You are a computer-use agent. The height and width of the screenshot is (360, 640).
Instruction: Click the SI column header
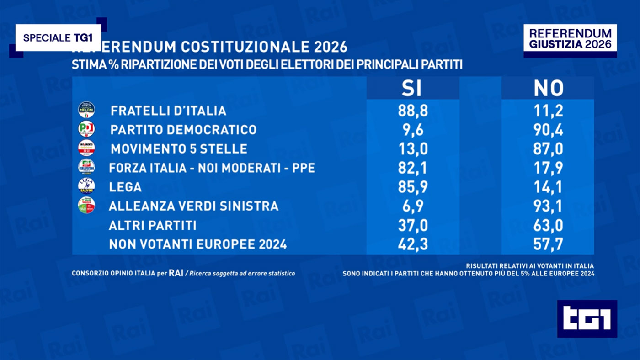click(411, 89)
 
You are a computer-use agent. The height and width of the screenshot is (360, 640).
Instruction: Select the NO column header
click(549, 89)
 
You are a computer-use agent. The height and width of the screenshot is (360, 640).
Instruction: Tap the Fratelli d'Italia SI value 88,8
click(413, 111)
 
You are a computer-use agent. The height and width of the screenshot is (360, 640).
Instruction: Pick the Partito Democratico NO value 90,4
click(549, 130)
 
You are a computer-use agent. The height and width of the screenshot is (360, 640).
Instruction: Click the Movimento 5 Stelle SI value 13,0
click(413, 149)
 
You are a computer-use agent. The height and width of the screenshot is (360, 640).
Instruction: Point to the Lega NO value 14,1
click(549, 187)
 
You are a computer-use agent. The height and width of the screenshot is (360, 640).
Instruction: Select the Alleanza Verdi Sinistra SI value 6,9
click(413, 206)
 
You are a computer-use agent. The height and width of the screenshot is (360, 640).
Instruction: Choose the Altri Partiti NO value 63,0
click(549, 225)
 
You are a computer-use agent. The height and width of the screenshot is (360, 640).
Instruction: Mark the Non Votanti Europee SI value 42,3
click(413, 244)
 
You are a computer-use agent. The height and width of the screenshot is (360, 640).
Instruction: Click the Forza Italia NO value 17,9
click(549, 168)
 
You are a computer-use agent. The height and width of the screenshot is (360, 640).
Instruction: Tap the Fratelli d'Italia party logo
click(86, 110)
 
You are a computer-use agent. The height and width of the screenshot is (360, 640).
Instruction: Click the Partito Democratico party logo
click(86, 129)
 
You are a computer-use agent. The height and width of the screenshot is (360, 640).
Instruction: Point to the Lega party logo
click(86, 186)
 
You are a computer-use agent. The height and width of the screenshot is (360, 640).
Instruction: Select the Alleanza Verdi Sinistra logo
click(86, 205)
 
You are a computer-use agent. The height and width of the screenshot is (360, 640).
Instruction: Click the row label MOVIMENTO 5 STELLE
click(179, 149)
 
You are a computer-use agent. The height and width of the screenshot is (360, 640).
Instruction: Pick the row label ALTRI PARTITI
click(153, 225)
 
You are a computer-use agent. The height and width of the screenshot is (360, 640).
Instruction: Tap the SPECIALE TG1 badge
click(58, 38)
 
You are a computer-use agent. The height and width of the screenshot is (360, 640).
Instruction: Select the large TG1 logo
click(587, 319)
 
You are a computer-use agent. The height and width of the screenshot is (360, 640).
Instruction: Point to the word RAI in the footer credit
click(176, 273)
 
